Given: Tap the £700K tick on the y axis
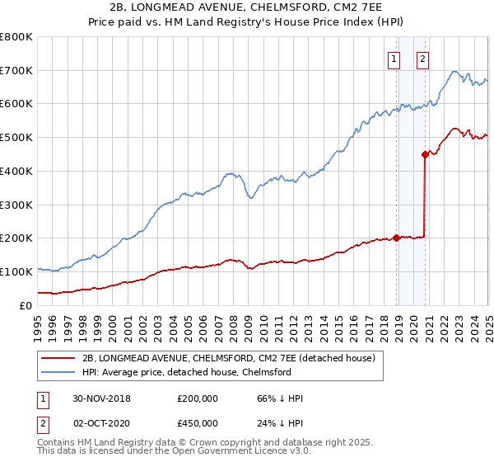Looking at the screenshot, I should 16,70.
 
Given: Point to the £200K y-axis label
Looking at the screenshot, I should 16,238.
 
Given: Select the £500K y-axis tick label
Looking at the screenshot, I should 16,137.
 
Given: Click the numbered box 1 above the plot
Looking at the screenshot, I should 394,59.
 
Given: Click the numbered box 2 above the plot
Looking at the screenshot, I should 422,59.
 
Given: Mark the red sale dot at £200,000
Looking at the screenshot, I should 397,238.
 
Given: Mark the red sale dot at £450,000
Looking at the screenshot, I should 425,153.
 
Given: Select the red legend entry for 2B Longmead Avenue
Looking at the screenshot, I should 229,358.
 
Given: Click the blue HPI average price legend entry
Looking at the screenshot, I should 187,372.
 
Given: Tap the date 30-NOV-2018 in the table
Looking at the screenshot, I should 101,398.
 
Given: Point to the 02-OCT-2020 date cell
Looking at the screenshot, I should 101,423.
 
